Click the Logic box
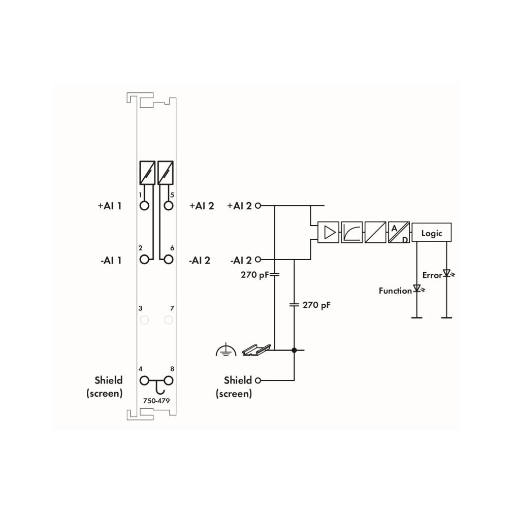pyautogui.click(x=431, y=232)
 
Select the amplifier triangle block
pyautogui.click(x=329, y=232)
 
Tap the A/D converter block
pyautogui.click(x=399, y=232)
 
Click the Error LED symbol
pyautogui.click(x=447, y=273)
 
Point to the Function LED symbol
pyautogui.click(x=418, y=288)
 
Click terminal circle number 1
pyautogui.click(x=144, y=206)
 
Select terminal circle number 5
pyautogui.click(x=169, y=206)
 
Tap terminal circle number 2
pyautogui.click(x=144, y=260)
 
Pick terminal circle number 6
pyautogui.click(x=169, y=260)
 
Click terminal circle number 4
pyautogui.click(x=144, y=380)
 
